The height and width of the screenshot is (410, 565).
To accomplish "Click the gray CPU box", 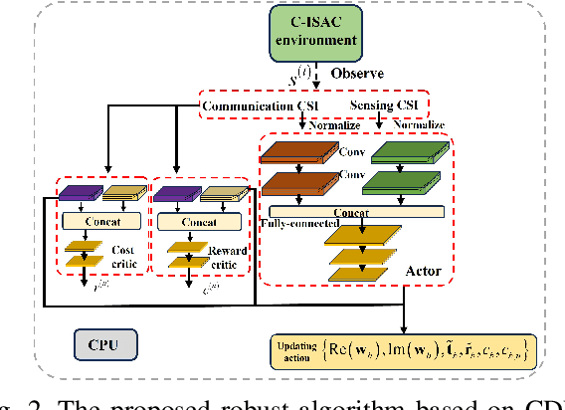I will click(x=105, y=346).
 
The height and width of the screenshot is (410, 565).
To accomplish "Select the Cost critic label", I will click(x=123, y=255).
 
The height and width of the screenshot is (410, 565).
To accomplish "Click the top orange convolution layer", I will click(x=300, y=152).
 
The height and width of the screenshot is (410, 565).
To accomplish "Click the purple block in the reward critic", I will click(x=174, y=193).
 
